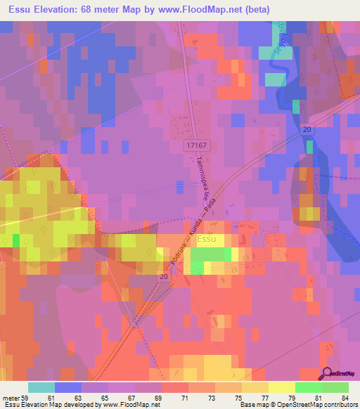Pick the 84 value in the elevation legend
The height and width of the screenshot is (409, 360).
coord(344,398)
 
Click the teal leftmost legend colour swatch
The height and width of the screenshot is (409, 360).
coord(41,387)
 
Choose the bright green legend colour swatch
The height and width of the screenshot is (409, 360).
coord(308,387)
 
